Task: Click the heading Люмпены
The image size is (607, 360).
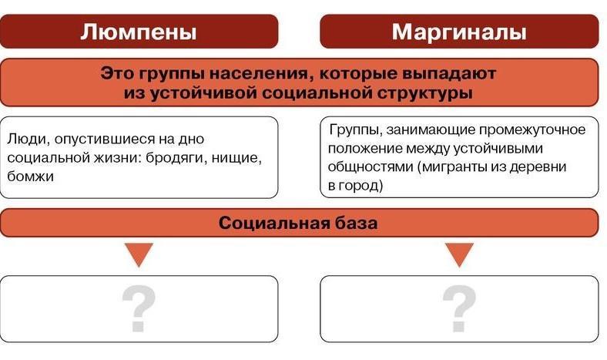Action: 138,32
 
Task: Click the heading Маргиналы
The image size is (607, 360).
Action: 459,32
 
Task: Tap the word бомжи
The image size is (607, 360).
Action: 30,177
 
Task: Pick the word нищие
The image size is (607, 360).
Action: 236,158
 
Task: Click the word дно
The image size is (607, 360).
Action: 191,139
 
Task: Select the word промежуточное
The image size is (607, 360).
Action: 532,130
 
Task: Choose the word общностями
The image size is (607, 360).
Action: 371,167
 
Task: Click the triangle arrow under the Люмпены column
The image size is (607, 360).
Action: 139,254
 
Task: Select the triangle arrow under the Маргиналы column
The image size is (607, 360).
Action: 460,254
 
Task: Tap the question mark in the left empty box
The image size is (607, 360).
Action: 139,309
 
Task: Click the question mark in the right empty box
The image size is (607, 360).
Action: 460,309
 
